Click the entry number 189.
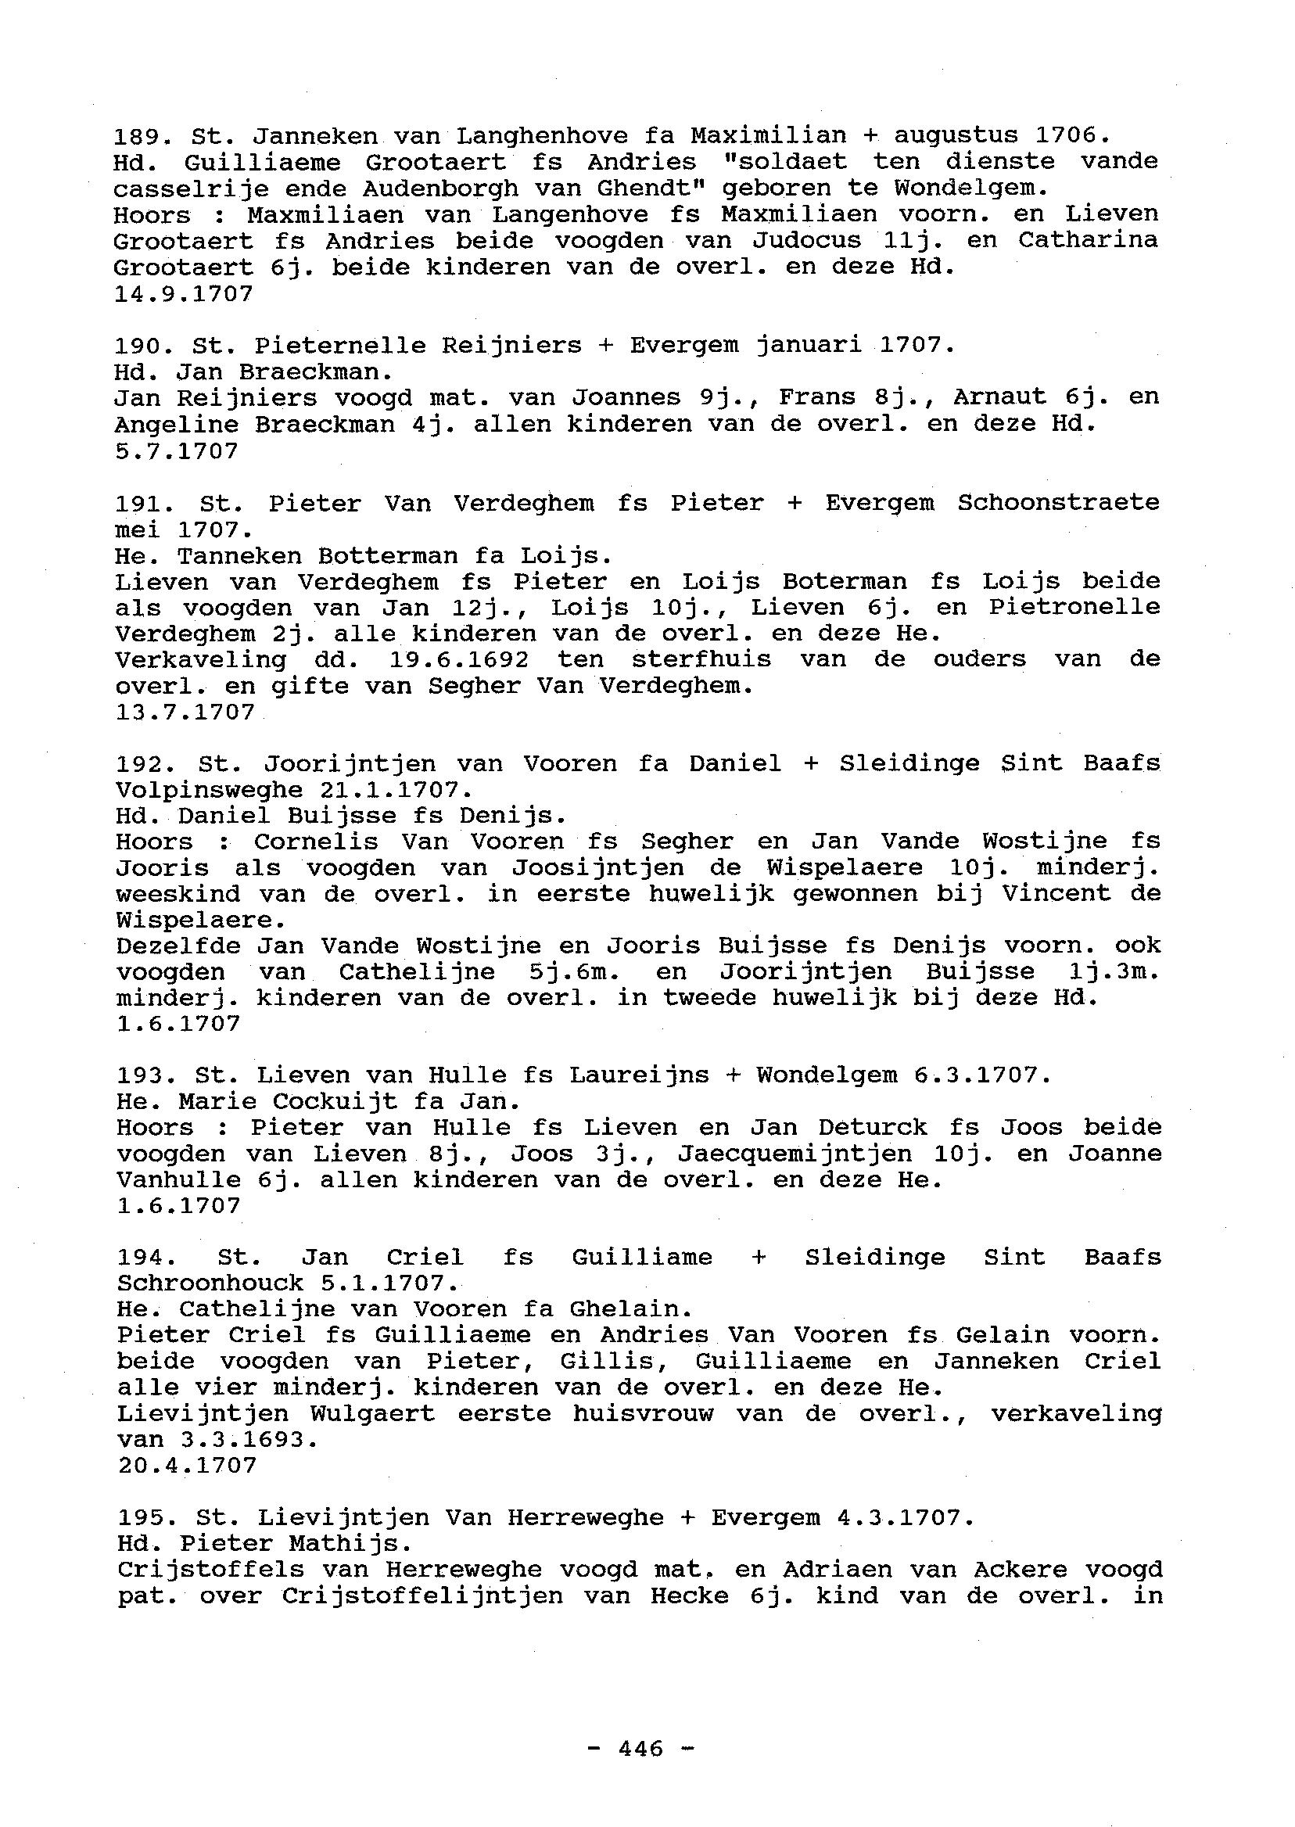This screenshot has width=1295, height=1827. point(135,136)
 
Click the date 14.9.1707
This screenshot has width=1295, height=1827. point(184,294)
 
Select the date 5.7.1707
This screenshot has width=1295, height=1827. point(176,451)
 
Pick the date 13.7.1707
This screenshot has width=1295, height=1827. point(185,712)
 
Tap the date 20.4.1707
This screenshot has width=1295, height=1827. point(188,1466)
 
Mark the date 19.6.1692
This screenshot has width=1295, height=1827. point(459,659)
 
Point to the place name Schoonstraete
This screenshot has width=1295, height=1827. point(1058,503)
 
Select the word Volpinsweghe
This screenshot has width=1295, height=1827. point(209,790)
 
